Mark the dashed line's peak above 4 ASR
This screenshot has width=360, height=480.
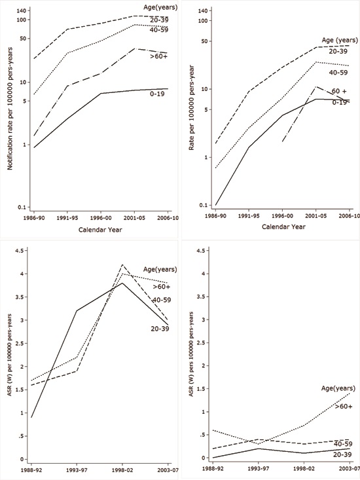point(122,265)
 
